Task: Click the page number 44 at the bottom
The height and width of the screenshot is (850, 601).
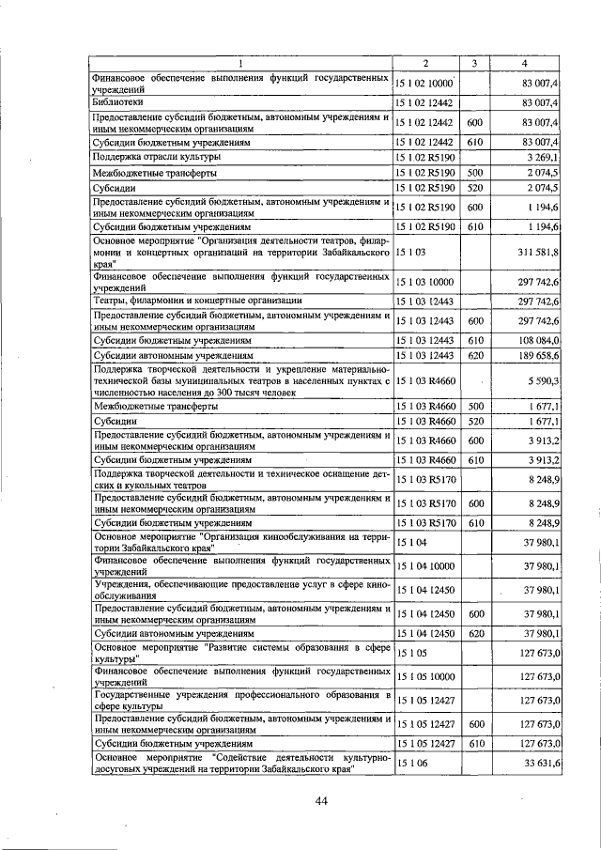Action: click(320, 800)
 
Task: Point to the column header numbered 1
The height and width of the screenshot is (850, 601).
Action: click(240, 63)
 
